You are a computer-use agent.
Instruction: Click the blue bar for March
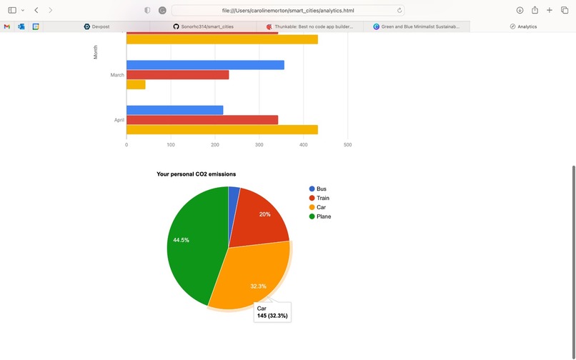tap(205, 65)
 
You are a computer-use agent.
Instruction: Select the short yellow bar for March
tap(136, 84)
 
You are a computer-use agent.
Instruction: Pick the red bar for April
tap(202, 120)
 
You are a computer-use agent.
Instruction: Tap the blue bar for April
tap(175, 110)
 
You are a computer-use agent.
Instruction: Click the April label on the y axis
tap(119, 120)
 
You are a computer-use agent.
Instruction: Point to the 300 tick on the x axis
tap(259, 145)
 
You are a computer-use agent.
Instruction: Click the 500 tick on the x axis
tap(347, 145)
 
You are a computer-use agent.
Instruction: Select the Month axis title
tap(95, 52)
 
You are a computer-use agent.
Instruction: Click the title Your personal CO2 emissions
tap(197, 174)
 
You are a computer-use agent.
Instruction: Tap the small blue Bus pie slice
tap(234, 194)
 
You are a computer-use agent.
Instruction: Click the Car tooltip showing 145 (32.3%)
tap(272, 311)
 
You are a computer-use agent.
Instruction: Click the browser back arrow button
tap(36, 11)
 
